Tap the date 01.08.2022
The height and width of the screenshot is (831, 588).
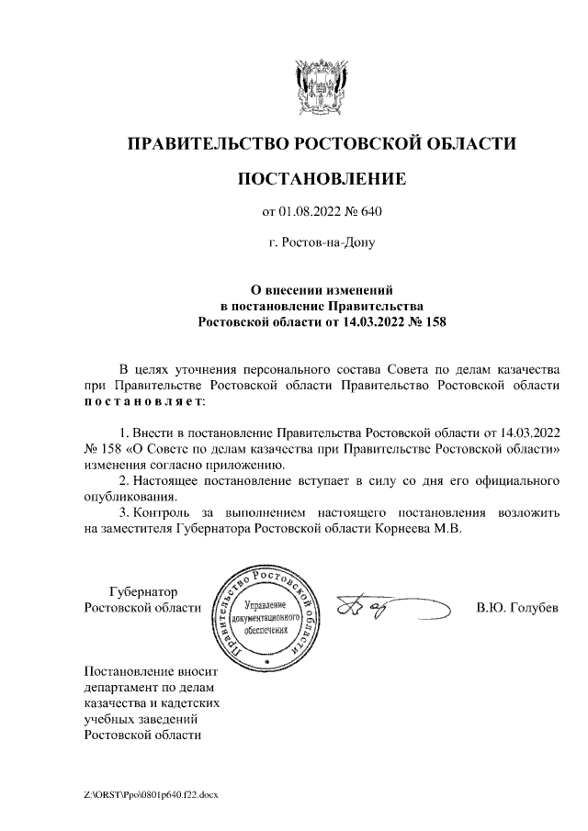308,213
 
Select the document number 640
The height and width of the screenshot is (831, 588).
369,213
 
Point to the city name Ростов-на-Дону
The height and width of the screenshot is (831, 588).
321,243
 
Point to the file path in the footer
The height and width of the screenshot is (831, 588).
152,794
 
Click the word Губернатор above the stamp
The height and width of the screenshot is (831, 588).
143,591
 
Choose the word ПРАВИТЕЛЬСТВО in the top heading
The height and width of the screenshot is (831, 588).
206,143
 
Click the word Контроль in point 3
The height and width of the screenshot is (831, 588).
168,511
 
